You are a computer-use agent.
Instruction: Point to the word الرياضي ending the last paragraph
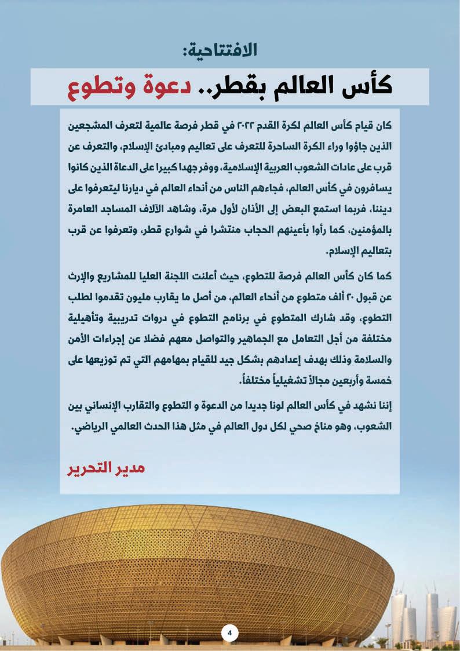click(95, 428)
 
